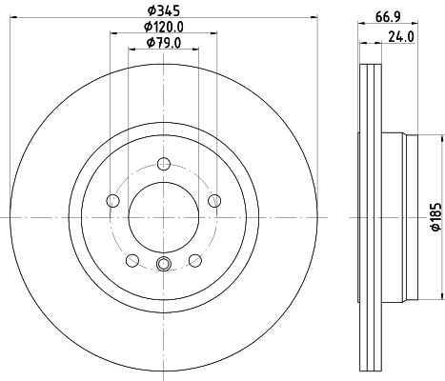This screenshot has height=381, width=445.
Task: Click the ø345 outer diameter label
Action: point(161,12)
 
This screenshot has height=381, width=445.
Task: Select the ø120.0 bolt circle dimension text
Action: point(164,29)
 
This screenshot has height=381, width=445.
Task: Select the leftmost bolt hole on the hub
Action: point(112,200)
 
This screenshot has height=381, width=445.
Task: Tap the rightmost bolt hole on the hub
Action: point(212,200)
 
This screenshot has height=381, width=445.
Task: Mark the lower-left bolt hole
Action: point(131,260)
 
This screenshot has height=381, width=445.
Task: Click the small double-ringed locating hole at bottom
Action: point(162,266)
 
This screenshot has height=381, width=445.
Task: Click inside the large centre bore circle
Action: point(162,215)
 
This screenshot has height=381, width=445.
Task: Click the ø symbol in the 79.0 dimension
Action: point(148,46)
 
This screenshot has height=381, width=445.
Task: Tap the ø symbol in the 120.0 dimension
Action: point(147,29)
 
